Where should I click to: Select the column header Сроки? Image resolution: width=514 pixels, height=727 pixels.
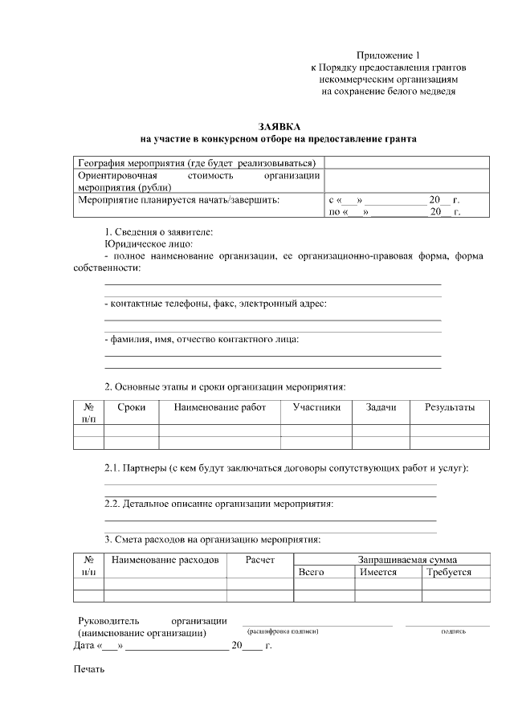(x=131, y=407)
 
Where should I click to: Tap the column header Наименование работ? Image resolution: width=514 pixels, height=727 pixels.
(x=219, y=407)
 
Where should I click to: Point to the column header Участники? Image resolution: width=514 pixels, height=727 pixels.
(x=316, y=407)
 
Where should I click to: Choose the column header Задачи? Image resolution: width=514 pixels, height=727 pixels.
(x=381, y=407)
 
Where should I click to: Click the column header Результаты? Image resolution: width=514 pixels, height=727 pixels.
(x=450, y=407)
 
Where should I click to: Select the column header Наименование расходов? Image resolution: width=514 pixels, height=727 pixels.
(x=165, y=559)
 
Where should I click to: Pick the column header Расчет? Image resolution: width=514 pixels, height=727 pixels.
(x=260, y=559)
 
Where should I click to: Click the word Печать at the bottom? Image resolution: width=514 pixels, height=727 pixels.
(x=89, y=669)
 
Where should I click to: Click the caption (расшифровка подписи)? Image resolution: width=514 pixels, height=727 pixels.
(x=284, y=631)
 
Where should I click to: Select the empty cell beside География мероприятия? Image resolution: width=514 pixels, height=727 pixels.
(x=406, y=162)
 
